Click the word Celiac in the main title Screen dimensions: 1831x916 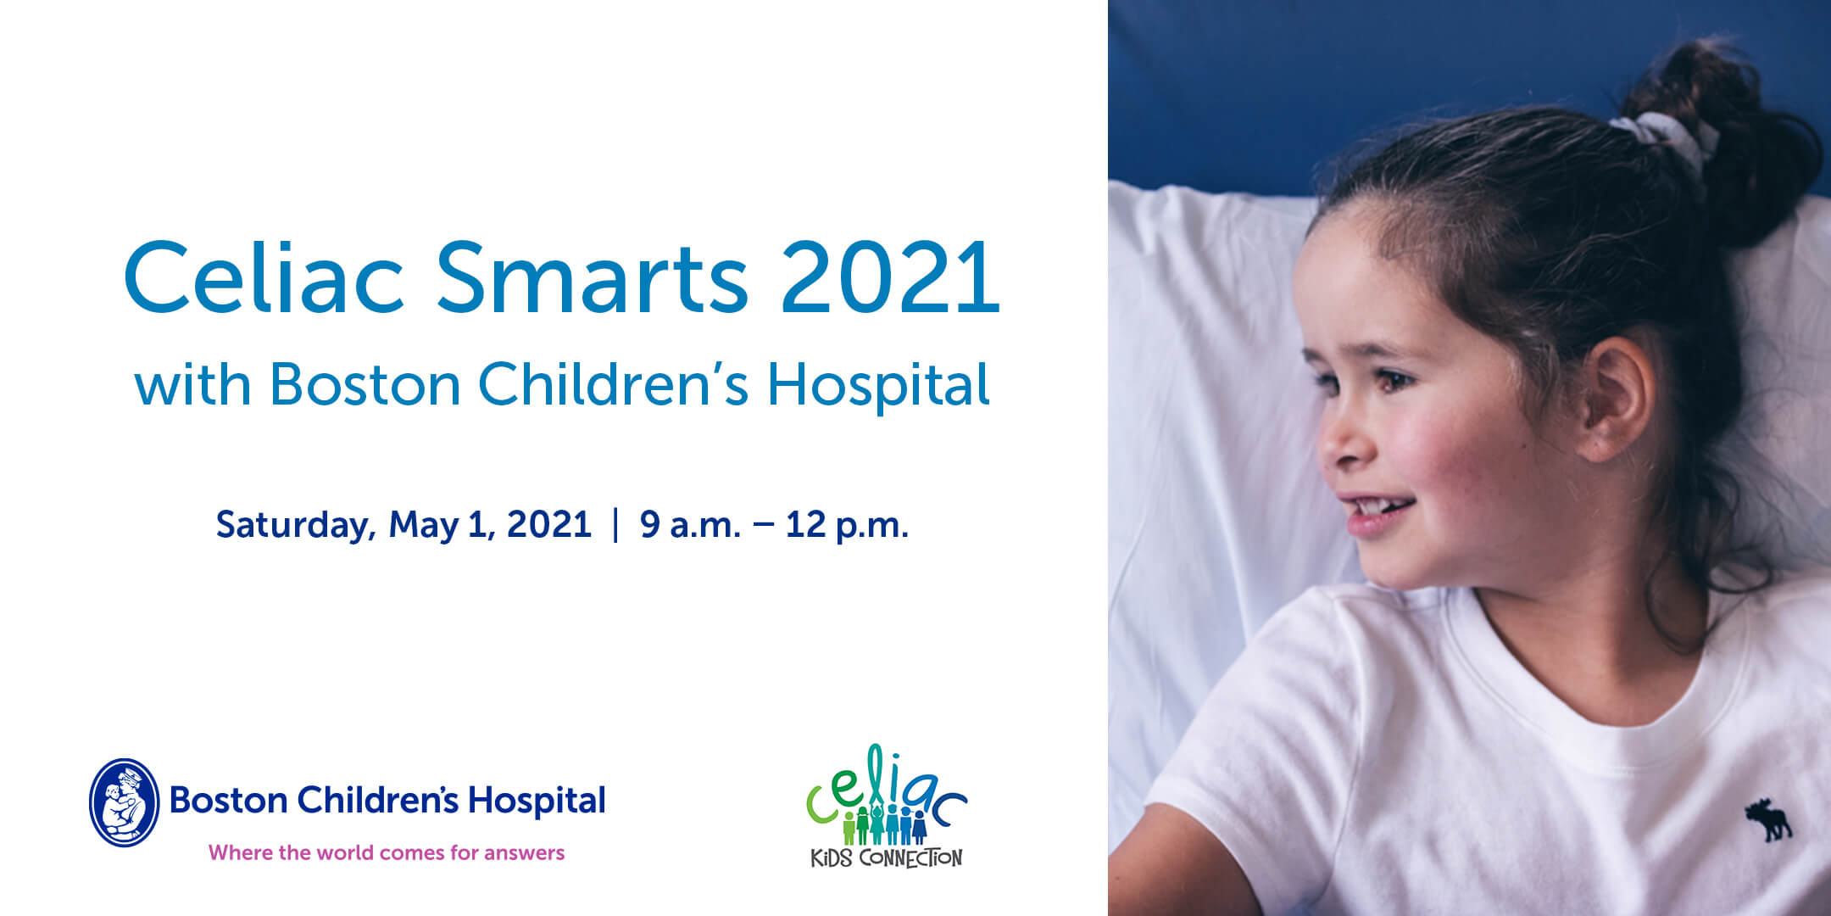point(264,276)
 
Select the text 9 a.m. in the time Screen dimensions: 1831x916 point(690,525)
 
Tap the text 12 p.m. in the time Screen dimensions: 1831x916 point(847,526)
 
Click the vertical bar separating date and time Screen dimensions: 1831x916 point(615,524)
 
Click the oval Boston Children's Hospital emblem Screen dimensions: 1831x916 point(125,802)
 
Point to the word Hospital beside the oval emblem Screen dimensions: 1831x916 point(537,801)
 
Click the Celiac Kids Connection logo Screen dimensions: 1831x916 point(887,806)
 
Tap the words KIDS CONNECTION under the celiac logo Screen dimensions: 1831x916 point(887,857)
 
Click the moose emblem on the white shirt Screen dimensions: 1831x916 point(1767,819)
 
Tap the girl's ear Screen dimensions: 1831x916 point(1617,399)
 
